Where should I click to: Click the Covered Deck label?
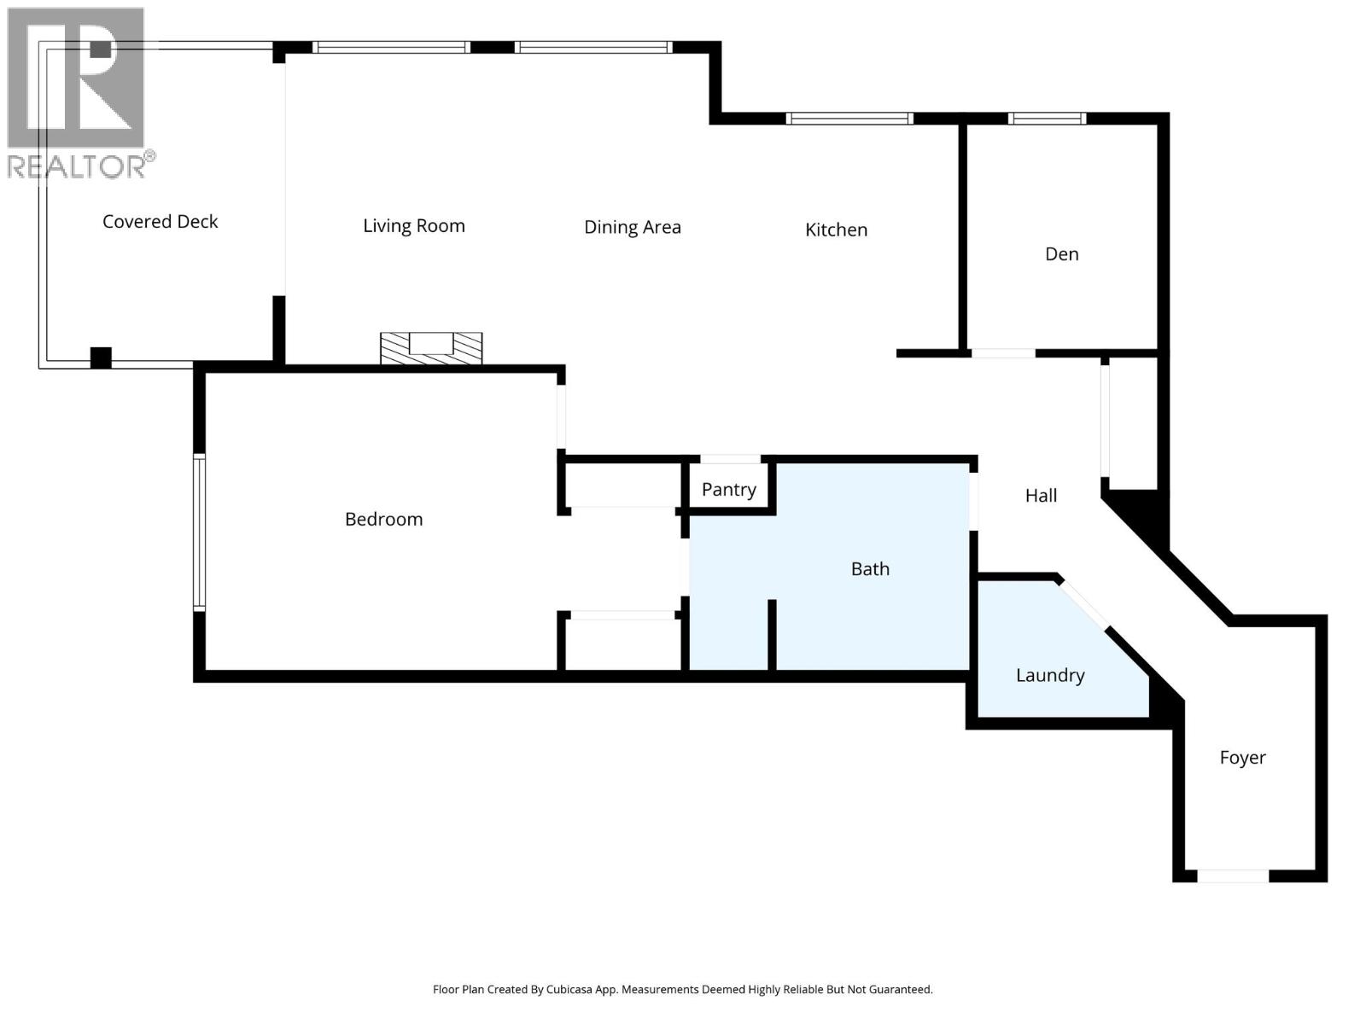[161, 222]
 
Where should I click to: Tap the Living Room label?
[414, 226]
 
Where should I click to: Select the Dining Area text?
[632, 227]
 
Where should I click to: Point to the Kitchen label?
[836, 230]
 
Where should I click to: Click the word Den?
[1061, 254]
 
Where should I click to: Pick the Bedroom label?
[383, 520]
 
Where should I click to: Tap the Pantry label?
[728, 490]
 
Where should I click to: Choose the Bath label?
[870, 569]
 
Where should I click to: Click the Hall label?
[1041, 496]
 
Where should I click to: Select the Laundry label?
[1049, 676]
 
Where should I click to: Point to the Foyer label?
[1242, 758]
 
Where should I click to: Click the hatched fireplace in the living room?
[431, 348]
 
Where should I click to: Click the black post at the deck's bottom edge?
[101, 358]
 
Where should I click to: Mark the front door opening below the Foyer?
[1232, 876]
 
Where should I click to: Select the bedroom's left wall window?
[199, 532]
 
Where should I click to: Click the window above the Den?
[1047, 119]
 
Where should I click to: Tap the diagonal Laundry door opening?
[1084, 604]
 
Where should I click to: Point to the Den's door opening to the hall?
[1003, 352]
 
